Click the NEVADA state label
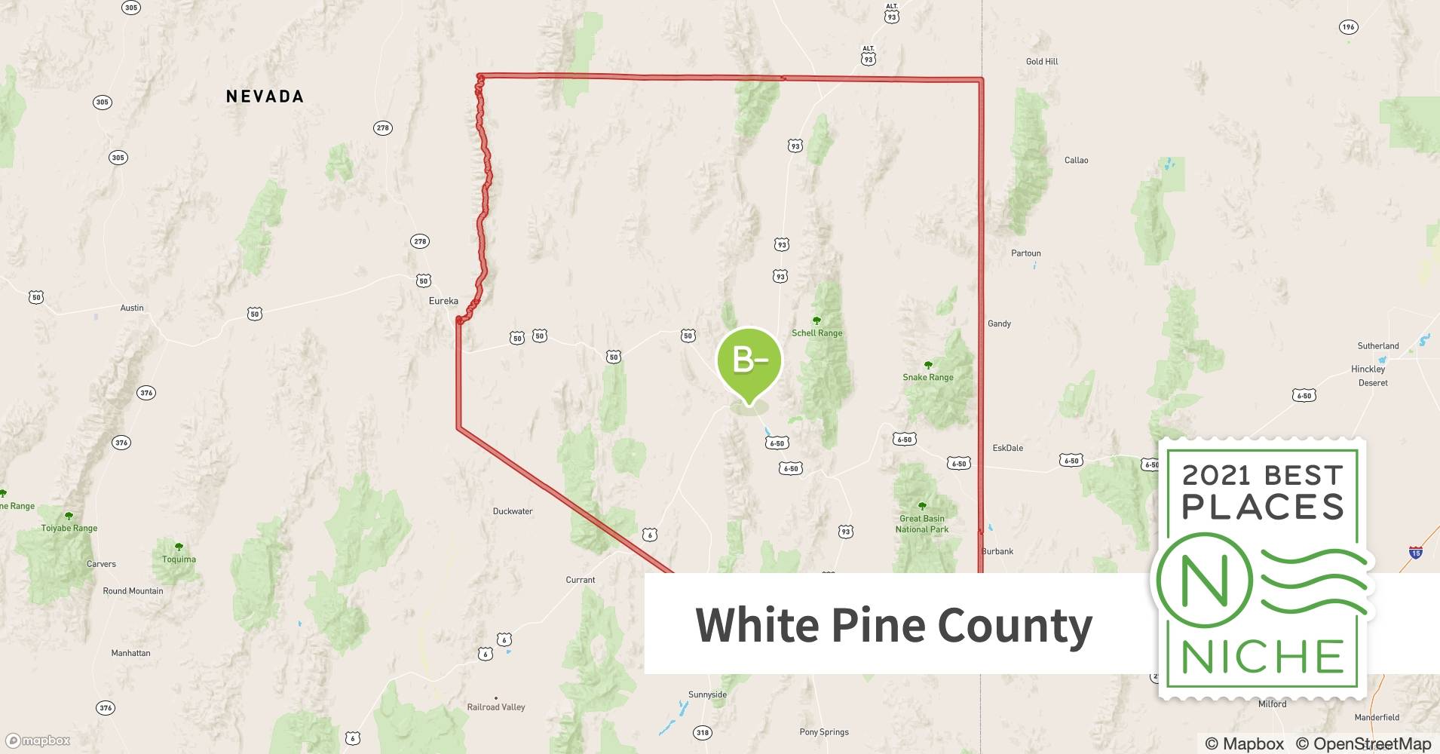[x=265, y=97]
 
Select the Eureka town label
[x=443, y=301]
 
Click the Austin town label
[x=132, y=308]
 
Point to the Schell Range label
[x=817, y=333]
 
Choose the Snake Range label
[x=928, y=377]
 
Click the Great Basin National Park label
[x=922, y=524]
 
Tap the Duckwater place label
[x=513, y=511]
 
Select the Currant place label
[x=581, y=580]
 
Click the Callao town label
[x=1076, y=160]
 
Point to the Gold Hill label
[x=1042, y=62]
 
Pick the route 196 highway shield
[x=1348, y=27]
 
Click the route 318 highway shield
[x=703, y=732]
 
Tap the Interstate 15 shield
[x=1415, y=553]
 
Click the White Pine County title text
[x=893, y=624]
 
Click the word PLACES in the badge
[x=1263, y=507]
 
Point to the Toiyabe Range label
[x=69, y=528]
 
